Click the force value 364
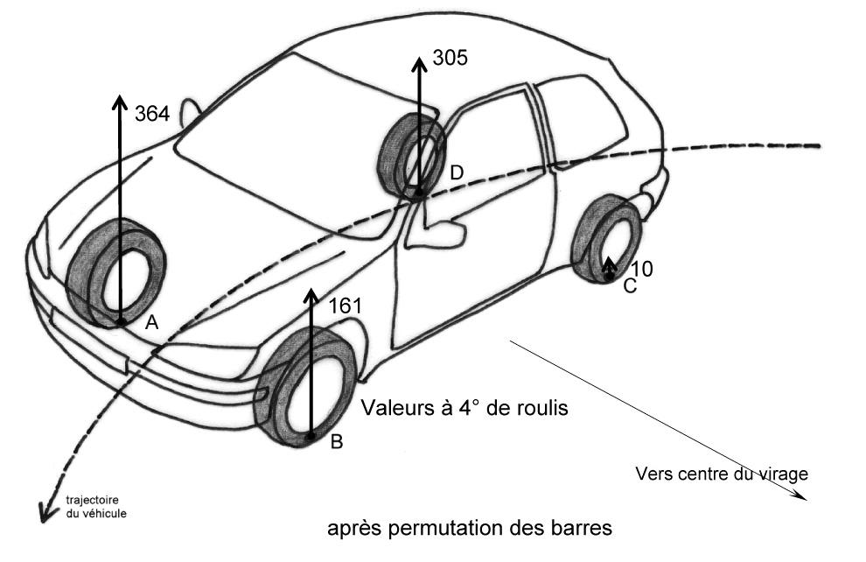tap(152, 112)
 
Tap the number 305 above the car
tap(450, 59)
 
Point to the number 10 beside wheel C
tap(641, 270)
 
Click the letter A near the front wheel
tap(151, 323)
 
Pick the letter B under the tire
tap(336, 442)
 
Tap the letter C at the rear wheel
tap(630, 286)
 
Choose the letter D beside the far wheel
tap(456, 173)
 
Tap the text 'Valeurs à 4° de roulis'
tap(457, 407)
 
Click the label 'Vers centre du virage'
tap(722, 474)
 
